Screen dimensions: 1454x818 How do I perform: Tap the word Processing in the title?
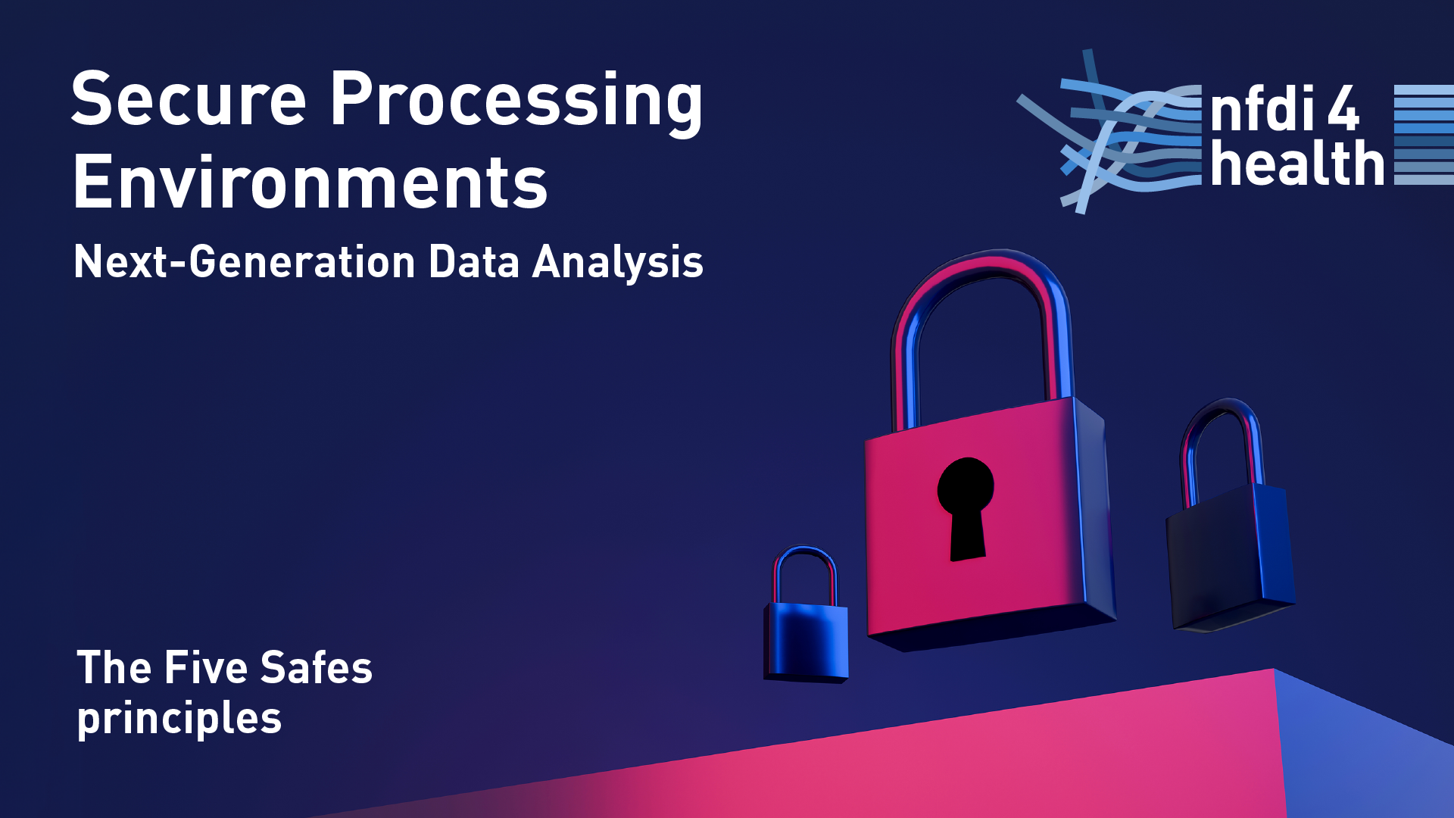tap(516, 103)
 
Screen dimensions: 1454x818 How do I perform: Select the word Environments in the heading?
tap(310, 182)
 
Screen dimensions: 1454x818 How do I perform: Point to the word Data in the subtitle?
tap(474, 262)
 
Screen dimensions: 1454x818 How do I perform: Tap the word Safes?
tap(316, 667)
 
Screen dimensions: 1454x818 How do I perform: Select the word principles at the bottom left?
tap(179, 719)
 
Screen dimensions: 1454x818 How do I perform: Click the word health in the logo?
tap(1297, 163)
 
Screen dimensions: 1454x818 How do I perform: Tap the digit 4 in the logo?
tap(1343, 108)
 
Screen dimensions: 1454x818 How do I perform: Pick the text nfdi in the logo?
tap(1262, 108)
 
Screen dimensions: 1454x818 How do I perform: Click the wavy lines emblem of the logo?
tap(1109, 133)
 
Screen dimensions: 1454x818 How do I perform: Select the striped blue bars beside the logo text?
tap(1424, 135)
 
